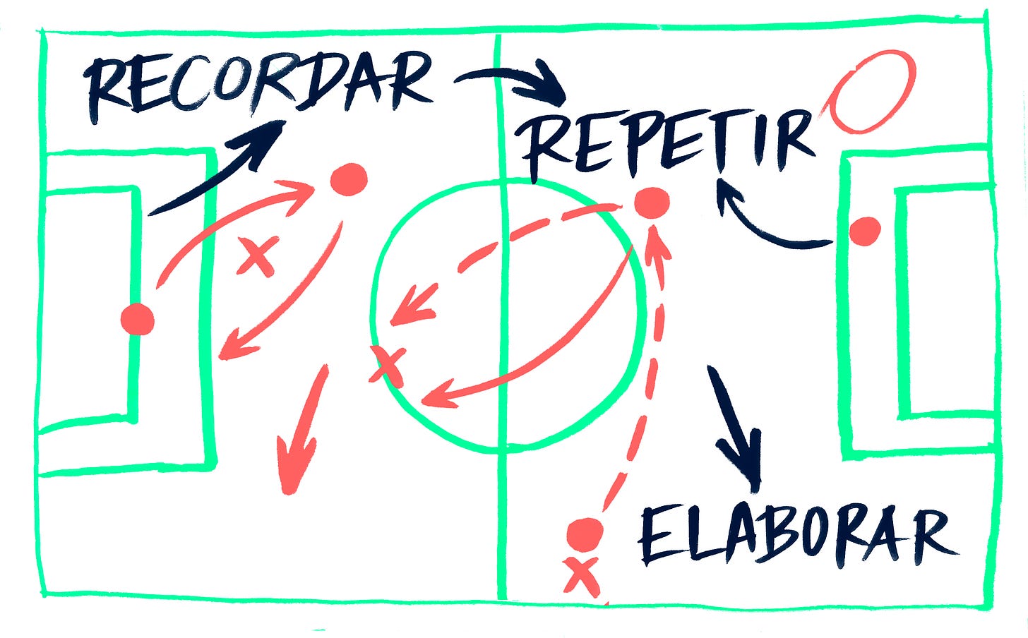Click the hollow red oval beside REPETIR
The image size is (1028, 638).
click(x=873, y=91)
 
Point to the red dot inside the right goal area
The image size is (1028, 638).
click(x=864, y=231)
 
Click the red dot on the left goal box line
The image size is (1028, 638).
click(x=137, y=320)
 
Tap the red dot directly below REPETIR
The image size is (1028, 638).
click(x=651, y=203)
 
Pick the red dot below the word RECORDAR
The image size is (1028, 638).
click(x=349, y=179)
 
